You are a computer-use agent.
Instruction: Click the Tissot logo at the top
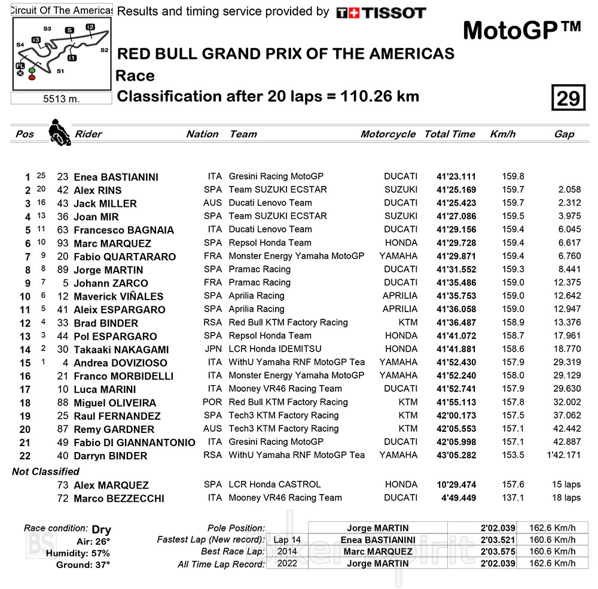point(380,13)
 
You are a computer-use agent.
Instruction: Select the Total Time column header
point(450,134)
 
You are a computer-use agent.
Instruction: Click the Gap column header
point(563,134)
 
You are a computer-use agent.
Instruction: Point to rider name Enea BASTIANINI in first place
point(115,177)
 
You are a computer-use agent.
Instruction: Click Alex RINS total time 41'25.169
point(456,190)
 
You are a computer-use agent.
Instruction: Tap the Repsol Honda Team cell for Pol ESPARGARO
point(270,335)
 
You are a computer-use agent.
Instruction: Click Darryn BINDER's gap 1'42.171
point(563,455)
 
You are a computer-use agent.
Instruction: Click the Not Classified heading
point(45,471)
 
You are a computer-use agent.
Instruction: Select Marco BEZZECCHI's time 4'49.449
point(459,498)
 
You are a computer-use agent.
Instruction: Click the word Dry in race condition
point(101,530)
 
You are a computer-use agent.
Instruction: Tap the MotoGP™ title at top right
point(521,30)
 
